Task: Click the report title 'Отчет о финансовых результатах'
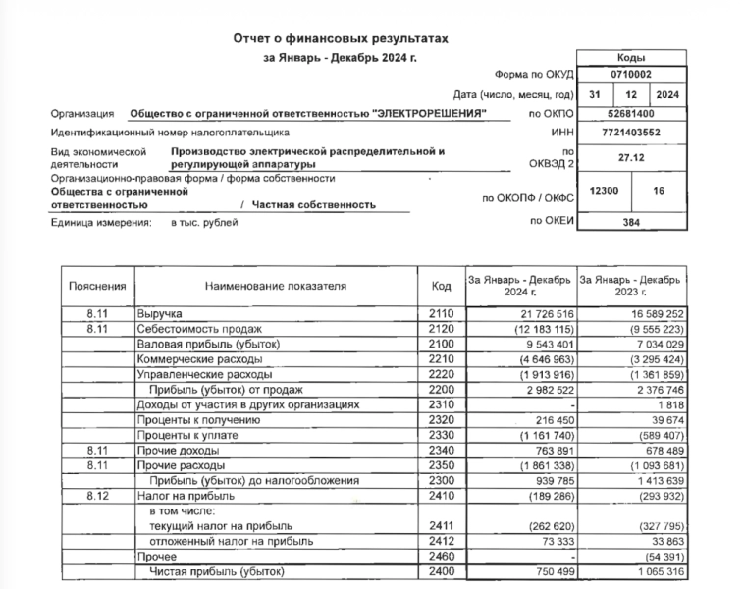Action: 340,38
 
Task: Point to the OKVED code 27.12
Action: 630,156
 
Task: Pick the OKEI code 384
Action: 630,223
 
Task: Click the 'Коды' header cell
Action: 630,58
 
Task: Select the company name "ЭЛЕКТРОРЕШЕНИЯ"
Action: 430,114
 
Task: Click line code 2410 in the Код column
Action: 442,498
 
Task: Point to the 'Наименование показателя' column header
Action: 276,286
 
